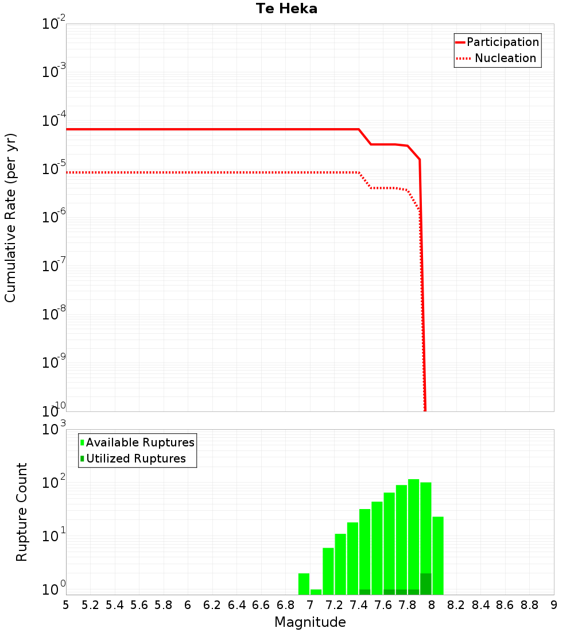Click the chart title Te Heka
(286, 9)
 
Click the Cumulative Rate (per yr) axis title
(10, 218)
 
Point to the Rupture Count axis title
(22, 512)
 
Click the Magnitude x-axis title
(310, 622)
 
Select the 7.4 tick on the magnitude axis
(359, 605)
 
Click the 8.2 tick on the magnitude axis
(456, 605)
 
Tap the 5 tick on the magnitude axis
(66, 605)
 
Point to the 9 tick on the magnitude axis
(553, 605)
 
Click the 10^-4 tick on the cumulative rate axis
(53, 121)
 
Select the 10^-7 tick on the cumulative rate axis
(53, 266)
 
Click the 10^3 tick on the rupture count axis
(53, 430)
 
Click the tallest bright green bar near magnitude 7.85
(413, 534)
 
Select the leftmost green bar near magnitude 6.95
(304, 584)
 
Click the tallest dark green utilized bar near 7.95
(426, 584)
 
